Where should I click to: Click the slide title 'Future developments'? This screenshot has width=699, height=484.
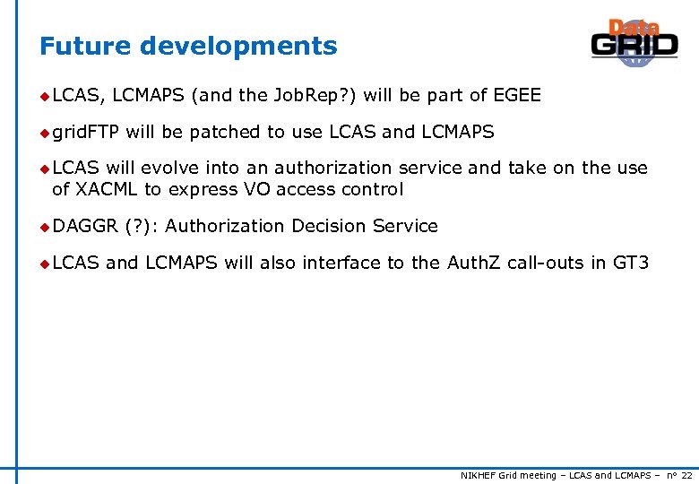pyautogui.click(x=188, y=46)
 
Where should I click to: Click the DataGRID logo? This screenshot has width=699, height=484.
pyautogui.click(x=634, y=43)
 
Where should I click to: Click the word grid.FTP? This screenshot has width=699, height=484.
pyautogui.click(x=86, y=133)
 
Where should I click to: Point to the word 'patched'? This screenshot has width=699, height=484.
pyautogui.click(x=225, y=133)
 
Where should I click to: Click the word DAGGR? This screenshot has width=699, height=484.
pyautogui.click(x=85, y=226)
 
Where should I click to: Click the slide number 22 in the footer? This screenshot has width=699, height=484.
pyautogui.click(x=686, y=475)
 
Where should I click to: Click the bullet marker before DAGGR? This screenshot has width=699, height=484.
pyautogui.click(x=44, y=227)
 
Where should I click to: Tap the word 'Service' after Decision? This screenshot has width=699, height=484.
pyautogui.click(x=405, y=226)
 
